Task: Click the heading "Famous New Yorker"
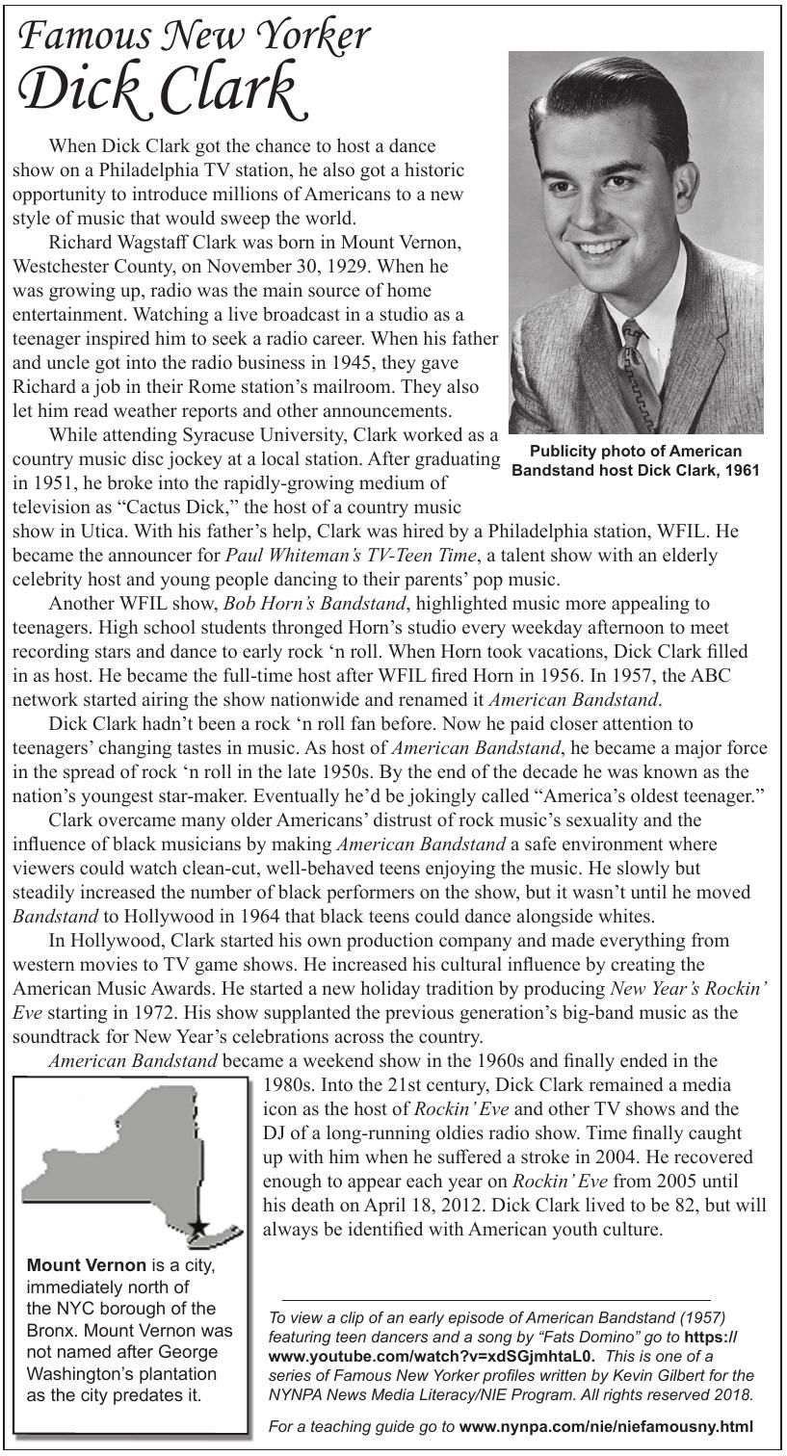(194, 37)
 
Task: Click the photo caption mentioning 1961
(636, 460)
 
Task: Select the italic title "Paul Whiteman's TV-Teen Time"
(352, 555)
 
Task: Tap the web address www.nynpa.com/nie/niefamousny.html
(606, 1426)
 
